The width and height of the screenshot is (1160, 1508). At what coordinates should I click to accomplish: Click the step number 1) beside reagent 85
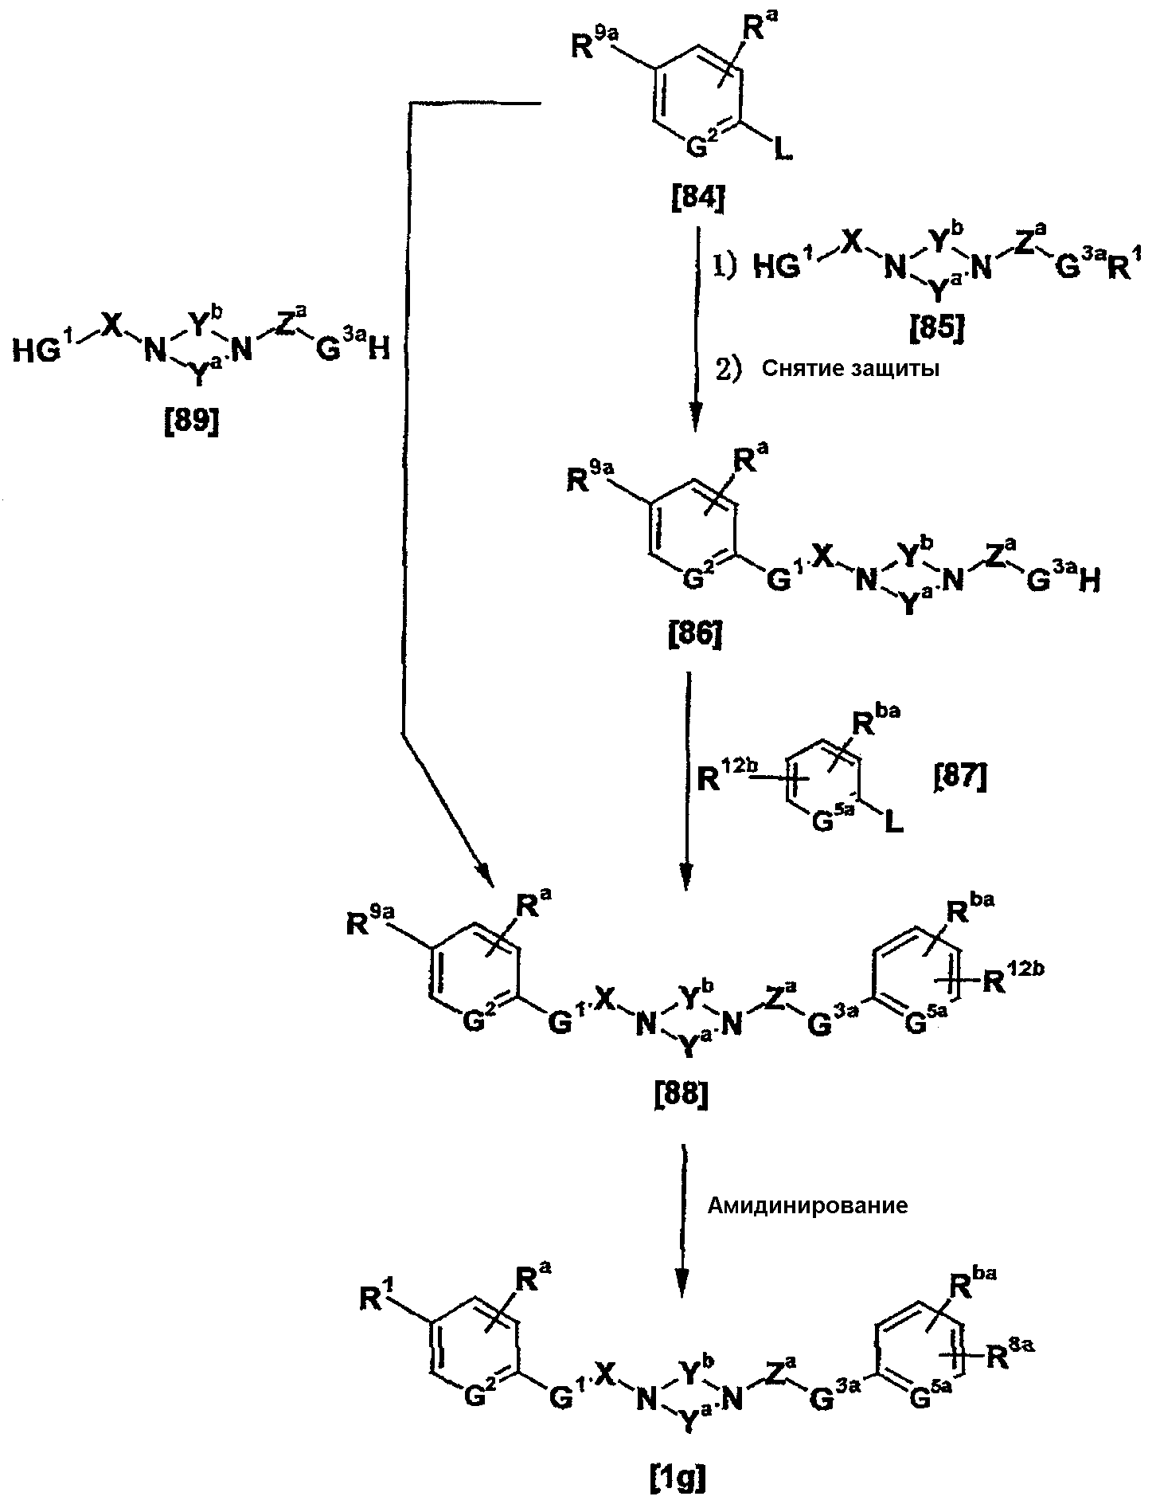725,268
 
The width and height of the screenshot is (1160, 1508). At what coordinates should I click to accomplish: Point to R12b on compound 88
1014,979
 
